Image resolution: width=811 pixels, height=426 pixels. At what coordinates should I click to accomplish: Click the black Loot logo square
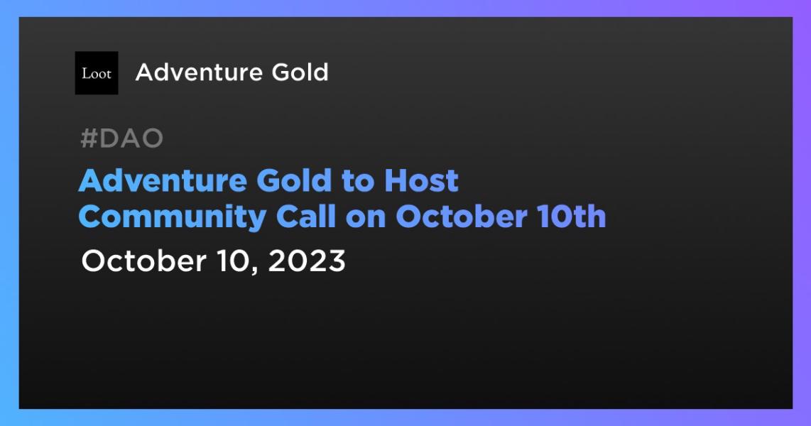point(97,73)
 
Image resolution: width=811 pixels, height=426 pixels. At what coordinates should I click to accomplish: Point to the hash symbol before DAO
point(87,139)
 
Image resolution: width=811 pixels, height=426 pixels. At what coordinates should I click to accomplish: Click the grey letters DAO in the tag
point(131,139)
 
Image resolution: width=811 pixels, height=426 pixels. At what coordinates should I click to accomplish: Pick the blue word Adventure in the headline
point(163,181)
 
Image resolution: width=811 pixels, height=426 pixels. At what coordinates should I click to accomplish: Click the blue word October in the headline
point(459,217)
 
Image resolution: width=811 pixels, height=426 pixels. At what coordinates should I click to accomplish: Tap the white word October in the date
point(142,261)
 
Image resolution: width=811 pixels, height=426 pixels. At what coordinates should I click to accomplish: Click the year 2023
point(307,261)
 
